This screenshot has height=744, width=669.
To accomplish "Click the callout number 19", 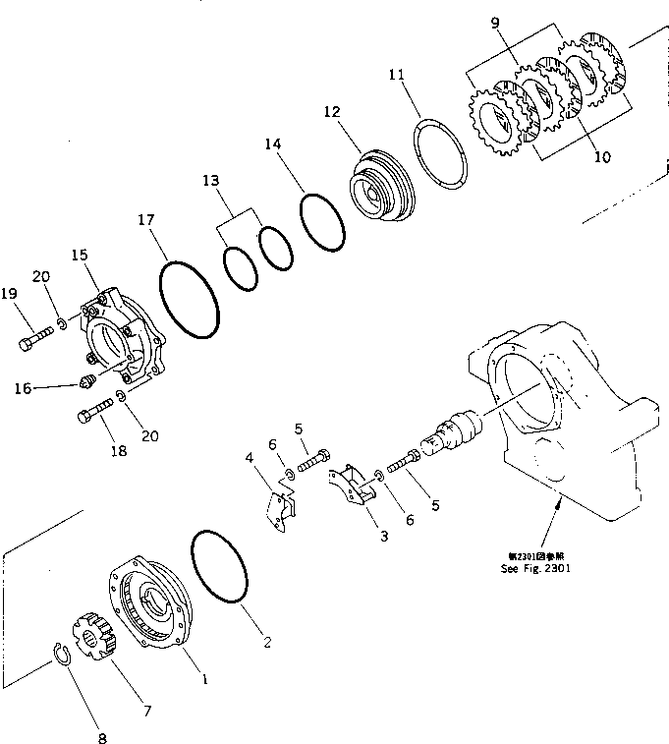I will click(x=9, y=293).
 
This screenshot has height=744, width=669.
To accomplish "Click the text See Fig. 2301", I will click(x=534, y=567).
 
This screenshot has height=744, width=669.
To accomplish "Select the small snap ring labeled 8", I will click(x=64, y=653).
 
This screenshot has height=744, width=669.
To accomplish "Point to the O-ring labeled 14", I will click(x=322, y=222).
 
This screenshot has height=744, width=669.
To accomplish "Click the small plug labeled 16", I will click(x=84, y=381).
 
